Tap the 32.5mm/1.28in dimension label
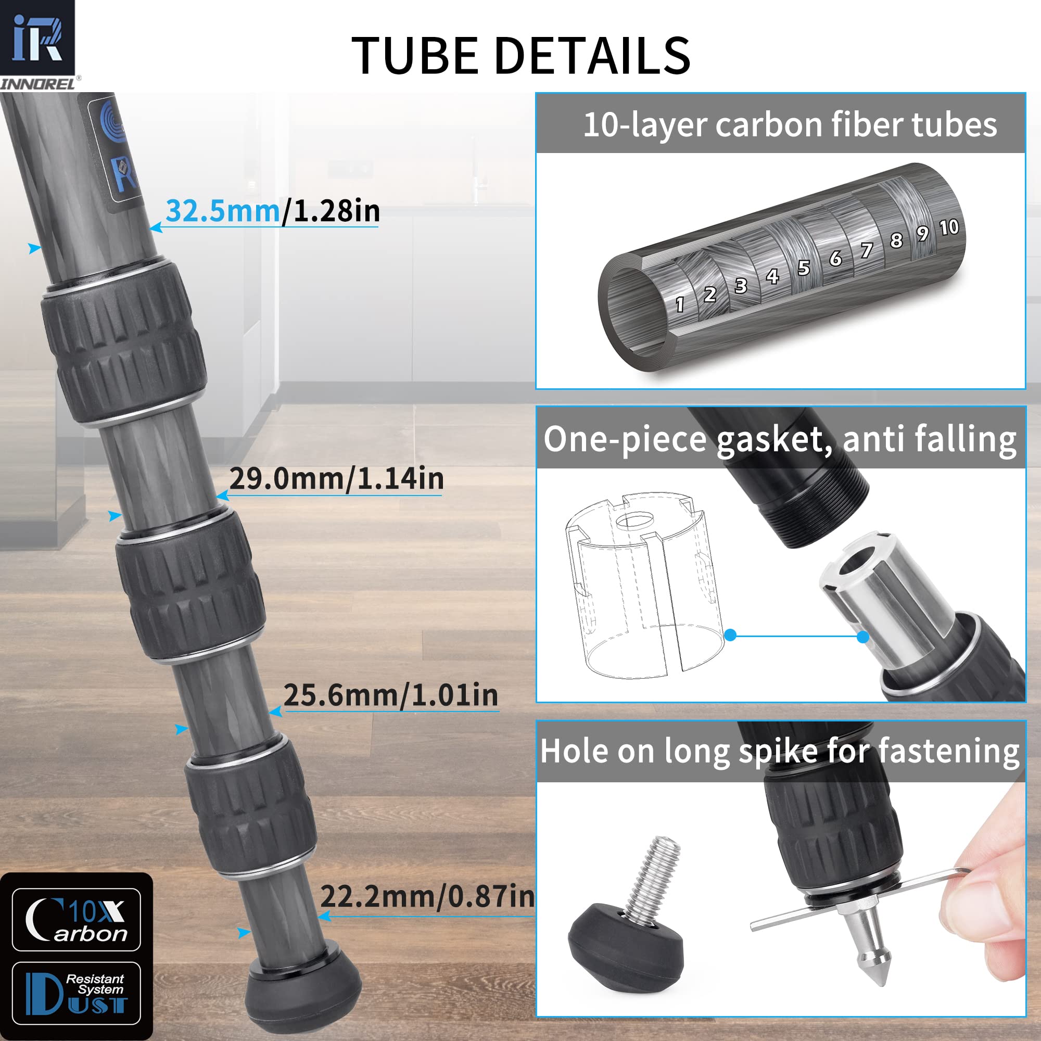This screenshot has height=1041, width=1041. pyautogui.click(x=273, y=211)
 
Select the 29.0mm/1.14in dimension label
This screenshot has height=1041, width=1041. pyautogui.click(x=336, y=478)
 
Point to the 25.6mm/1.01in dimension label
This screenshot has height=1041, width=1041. pyautogui.click(x=391, y=695)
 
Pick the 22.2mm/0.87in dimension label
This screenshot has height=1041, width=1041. pyautogui.click(x=427, y=897)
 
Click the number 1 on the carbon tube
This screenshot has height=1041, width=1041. pyautogui.click(x=679, y=304)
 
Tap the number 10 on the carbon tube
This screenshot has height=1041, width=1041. pyautogui.click(x=949, y=227)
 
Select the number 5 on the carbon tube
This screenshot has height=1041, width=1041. pyautogui.click(x=803, y=268)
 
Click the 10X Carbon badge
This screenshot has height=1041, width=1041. pyautogui.click(x=76, y=920)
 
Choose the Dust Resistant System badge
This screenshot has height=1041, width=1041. pyautogui.click(x=76, y=993)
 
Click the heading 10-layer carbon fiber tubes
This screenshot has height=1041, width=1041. pyautogui.click(x=790, y=124)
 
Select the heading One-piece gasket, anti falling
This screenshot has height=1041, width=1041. pyautogui.click(x=780, y=439)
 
